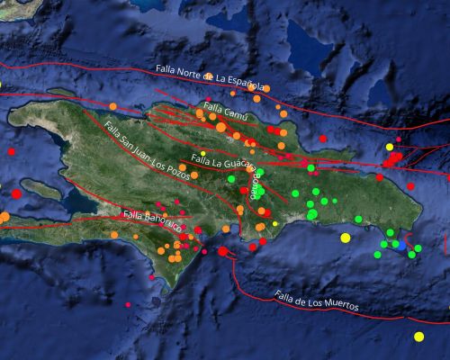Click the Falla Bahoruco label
click(148, 217)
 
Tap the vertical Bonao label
click(255, 189)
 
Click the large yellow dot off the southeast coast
click(346, 238)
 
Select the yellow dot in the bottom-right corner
click(418, 337)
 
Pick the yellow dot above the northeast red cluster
click(390, 147)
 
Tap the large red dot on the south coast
click(222, 251)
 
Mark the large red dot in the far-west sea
click(16, 193)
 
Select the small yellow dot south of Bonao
click(275, 223)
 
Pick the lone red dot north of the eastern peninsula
click(323, 139)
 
